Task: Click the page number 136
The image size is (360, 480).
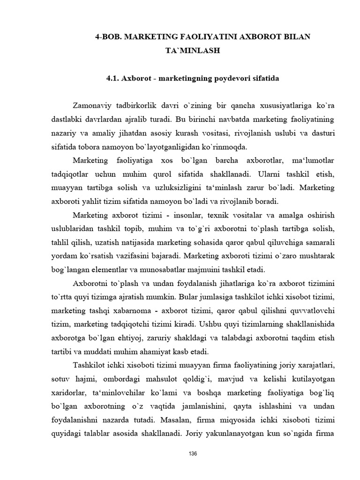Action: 192,454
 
